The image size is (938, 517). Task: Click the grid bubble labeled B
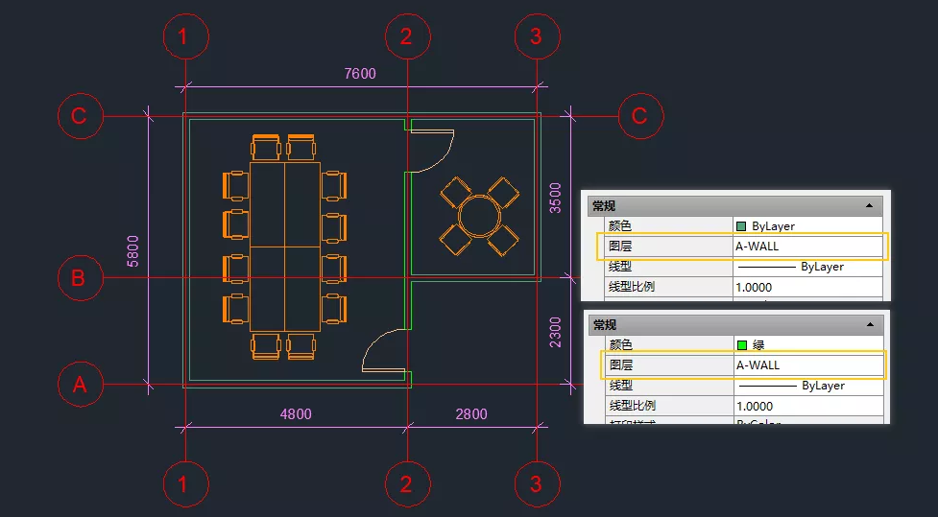pos(79,278)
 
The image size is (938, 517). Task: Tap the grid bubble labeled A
pos(79,385)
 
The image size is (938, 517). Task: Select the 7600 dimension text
pos(360,74)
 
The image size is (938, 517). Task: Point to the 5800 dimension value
pos(133,250)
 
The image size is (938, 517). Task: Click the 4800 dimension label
pos(296,414)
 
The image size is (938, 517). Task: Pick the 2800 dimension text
pos(470,414)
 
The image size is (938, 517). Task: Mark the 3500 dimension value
pos(556,198)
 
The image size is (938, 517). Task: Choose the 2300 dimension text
pos(556,332)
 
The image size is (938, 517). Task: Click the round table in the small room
pos(477,213)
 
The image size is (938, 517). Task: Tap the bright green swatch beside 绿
pos(741,344)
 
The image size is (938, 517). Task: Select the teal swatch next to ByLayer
pos(741,226)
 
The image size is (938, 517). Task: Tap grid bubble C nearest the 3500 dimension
pos(639,116)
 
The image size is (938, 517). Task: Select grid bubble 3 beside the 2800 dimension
pos(536,484)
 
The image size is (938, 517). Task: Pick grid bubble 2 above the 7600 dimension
pos(406,37)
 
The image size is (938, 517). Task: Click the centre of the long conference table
pos(284,247)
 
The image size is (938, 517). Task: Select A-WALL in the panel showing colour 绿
pos(758,365)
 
